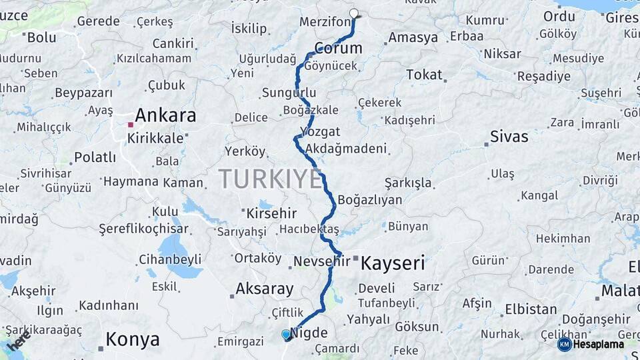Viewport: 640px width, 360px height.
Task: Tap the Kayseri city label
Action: click(393, 263)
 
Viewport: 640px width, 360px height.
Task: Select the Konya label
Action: click(133, 340)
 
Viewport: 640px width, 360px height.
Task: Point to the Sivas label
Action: click(509, 137)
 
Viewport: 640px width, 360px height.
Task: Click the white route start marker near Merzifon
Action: click(354, 13)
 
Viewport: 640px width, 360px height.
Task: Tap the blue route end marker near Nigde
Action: click(286, 334)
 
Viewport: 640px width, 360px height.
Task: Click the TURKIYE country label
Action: click(270, 179)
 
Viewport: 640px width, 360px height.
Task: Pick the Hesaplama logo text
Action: click(599, 344)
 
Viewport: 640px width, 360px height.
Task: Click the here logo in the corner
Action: click(18, 340)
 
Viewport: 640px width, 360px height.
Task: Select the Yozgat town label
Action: click(320, 131)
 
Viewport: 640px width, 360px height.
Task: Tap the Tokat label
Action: click(424, 75)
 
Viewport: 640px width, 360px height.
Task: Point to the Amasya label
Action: click(413, 37)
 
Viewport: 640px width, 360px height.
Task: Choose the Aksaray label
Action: click(264, 289)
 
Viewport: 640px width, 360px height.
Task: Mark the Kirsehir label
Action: click(271, 214)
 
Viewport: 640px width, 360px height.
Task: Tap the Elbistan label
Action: click(531, 309)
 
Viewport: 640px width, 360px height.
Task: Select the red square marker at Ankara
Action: click(131, 125)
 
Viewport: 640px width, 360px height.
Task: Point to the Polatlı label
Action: click(95, 157)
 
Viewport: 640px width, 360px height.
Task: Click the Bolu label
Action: click(41, 37)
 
